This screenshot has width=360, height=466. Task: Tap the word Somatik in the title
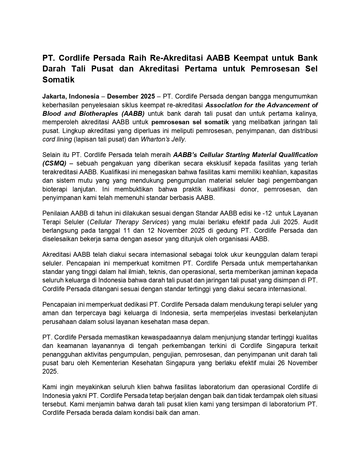tap(58, 80)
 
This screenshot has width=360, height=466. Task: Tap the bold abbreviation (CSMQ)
tap(54, 164)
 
